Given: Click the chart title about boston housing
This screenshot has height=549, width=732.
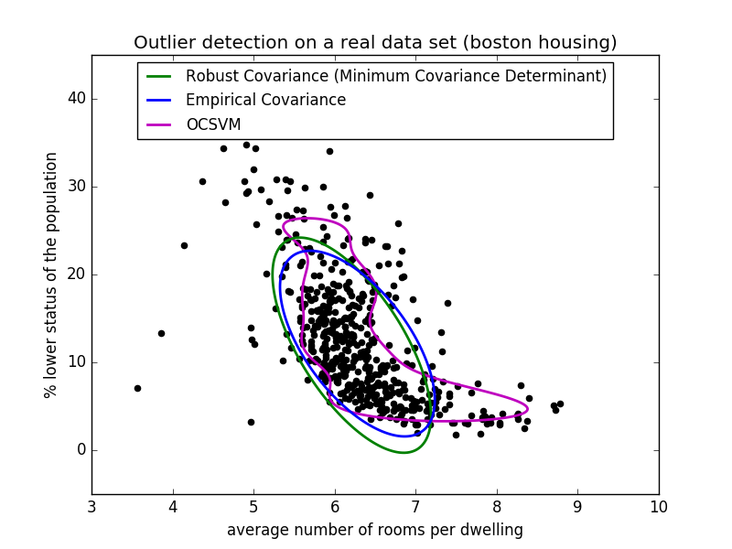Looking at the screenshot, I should click(375, 43).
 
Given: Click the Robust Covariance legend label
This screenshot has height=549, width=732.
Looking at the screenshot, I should click(396, 76).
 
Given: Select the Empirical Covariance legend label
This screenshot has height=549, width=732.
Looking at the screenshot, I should click(265, 100).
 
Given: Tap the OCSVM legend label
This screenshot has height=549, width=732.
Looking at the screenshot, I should click(215, 124).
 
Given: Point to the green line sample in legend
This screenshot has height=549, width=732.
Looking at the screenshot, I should click(159, 76).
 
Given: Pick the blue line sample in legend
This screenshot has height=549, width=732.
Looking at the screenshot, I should click(159, 100).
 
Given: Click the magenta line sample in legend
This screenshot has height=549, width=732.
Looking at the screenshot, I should click(159, 124).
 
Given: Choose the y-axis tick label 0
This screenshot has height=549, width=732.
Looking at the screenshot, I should click(80, 449).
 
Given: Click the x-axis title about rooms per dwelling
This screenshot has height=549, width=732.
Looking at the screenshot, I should click(375, 530).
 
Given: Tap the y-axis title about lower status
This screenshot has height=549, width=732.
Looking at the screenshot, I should click(51, 274).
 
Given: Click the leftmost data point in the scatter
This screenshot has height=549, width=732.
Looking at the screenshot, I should click(137, 388).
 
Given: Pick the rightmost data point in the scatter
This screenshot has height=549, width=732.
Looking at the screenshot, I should click(560, 404).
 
